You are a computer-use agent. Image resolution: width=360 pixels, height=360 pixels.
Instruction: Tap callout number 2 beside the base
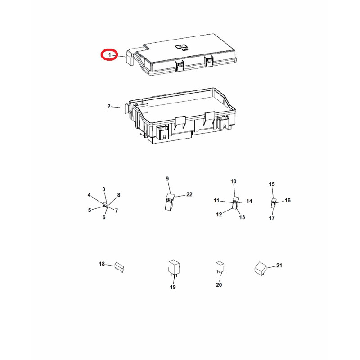(108, 106)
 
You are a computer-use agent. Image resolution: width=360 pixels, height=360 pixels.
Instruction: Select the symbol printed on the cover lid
(182, 47)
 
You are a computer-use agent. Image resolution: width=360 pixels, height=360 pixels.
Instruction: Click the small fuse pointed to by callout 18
(119, 267)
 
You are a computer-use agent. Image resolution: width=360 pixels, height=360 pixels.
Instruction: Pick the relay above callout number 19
(174, 267)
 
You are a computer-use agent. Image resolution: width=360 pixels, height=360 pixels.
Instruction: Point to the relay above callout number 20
(220, 267)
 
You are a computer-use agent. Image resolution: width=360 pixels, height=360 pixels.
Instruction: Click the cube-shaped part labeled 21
(261, 268)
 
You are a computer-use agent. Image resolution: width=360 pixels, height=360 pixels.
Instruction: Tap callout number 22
(189, 194)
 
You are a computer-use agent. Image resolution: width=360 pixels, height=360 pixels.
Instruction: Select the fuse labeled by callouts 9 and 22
(170, 202)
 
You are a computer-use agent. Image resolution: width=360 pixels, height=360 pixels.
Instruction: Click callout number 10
(233, 181)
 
